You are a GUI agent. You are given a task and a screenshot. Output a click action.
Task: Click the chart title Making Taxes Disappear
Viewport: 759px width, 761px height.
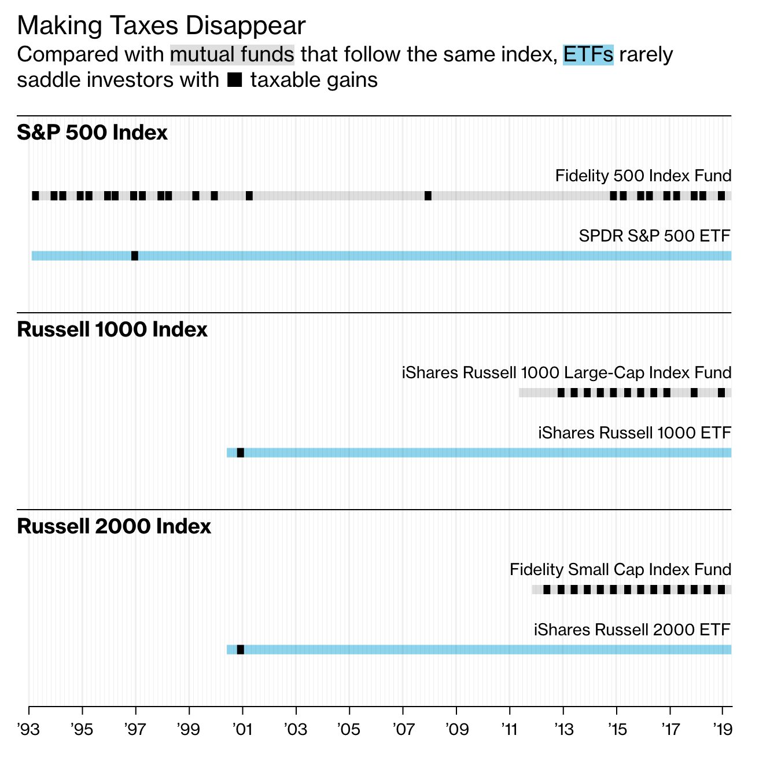pos(161,26)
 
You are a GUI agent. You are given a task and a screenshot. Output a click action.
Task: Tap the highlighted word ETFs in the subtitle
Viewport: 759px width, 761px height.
pos(588,54)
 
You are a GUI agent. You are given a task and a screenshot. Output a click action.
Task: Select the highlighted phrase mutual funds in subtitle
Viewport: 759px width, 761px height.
pos(232,54)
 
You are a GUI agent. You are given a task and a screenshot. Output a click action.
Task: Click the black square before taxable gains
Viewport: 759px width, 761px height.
pos(235,80)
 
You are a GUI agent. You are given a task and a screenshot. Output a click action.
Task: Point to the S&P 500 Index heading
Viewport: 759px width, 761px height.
pos(93,133)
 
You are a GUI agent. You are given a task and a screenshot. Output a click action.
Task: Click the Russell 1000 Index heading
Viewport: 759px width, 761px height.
pos(112,330)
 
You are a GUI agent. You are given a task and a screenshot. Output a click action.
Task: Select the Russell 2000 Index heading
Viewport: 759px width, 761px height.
pos(114,526)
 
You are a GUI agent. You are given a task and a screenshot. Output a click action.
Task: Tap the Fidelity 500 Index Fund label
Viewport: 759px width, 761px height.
pos(643,175)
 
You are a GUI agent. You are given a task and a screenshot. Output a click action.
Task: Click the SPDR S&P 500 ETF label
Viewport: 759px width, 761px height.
pos(655,236)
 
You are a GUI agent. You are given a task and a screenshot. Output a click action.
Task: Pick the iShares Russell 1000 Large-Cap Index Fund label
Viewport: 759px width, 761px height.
pos(566,372)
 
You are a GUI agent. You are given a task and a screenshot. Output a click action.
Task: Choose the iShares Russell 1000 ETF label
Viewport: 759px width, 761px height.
pos(635,433)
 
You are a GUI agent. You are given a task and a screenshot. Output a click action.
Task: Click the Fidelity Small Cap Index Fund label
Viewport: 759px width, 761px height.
pos(620,569)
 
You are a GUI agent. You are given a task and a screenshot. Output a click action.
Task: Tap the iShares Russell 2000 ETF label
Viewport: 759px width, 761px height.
pos(632,630)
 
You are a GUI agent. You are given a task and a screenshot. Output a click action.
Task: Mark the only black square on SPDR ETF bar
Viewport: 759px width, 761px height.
pos(135,256)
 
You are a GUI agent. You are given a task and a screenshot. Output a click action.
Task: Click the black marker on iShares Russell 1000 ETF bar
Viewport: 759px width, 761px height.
pos(241,453)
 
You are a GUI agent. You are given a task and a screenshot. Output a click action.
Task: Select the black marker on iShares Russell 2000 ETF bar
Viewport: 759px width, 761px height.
pos(241,650)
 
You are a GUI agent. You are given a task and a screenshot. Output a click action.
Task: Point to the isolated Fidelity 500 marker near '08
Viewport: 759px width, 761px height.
pos(428,196)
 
